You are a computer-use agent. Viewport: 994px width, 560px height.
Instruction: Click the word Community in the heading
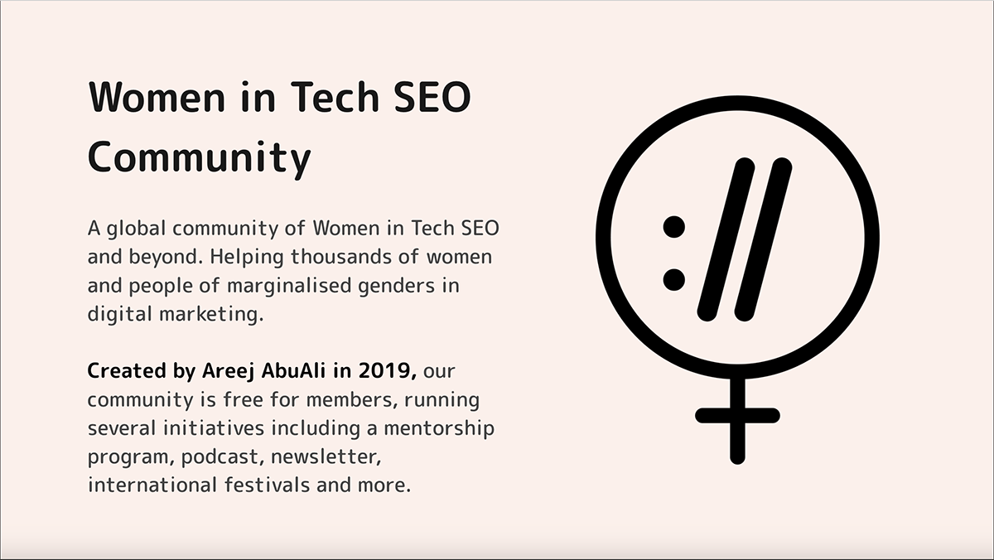[x=199, y=157]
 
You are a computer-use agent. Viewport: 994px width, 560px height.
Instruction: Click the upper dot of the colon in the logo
[x=674, y=225]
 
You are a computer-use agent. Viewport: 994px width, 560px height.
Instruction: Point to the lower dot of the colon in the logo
[x=674, y=279]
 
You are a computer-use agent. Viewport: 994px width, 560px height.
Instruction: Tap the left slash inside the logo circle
[x=726, y=240]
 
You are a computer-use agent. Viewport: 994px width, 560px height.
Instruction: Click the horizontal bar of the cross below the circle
[x=736, y=415]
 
